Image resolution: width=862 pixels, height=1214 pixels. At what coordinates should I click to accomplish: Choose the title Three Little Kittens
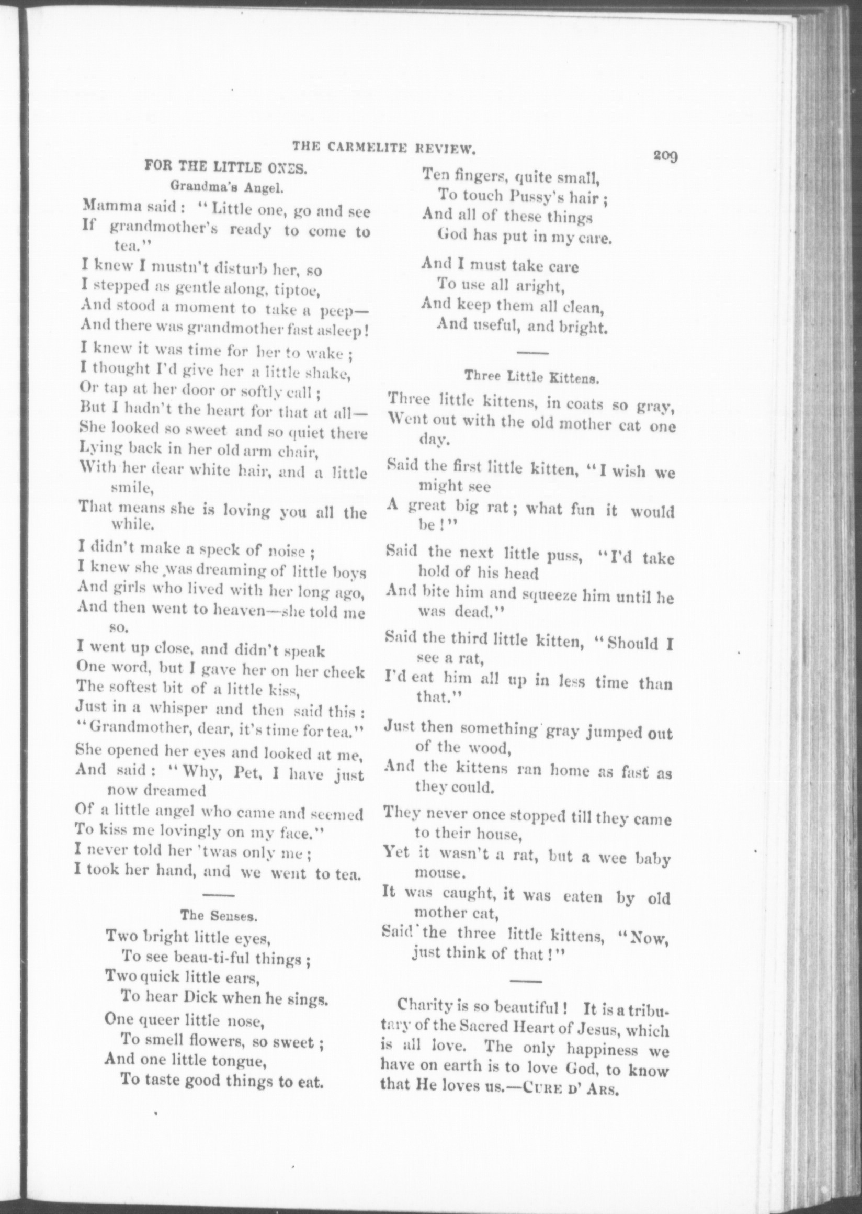click(532, 377)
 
